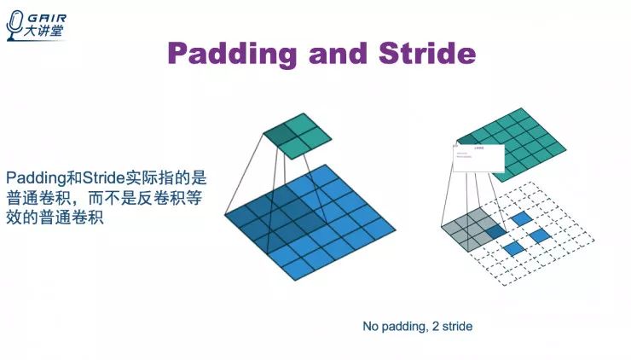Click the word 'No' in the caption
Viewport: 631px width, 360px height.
pyautogui.click(x=371, y=327)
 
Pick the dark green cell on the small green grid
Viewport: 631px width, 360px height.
pyautogui.click(x=278, y=132)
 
